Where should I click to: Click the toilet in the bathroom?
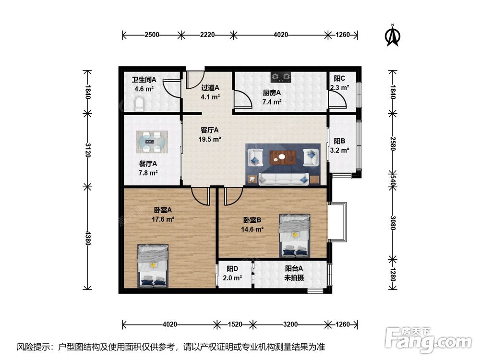(x=139, y=104)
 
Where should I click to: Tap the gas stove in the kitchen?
(x=281, y=77)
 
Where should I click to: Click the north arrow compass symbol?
(x=393, y=36)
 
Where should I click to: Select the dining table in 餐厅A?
(x=152, y=142)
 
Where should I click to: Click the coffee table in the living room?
(x=282, y=157)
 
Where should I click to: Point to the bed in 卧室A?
(x=153, y=266)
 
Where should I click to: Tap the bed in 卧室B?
(x=295, y=235)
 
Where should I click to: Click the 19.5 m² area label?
(x=210, y=139)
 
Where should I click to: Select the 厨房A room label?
(x=272, y=93)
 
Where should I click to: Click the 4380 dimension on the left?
(x=88, y=238)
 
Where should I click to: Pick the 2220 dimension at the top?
(x=207, y=35)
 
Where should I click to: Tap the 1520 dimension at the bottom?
(x=235, y=324)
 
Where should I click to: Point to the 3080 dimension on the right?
(x=393, y=223)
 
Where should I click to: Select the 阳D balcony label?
(x=232, y=269)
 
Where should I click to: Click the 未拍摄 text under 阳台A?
(x=294, y=277)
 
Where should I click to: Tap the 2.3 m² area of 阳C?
(x=339, y=88)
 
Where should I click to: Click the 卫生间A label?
(x=144, y=80)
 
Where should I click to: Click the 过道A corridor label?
(x=210, y=88)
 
